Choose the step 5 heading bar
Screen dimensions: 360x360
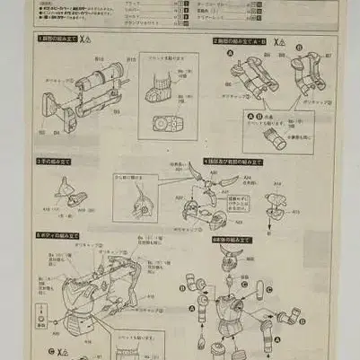56,235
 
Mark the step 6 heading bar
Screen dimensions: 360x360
232,240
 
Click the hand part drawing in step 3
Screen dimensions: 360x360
66,189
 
